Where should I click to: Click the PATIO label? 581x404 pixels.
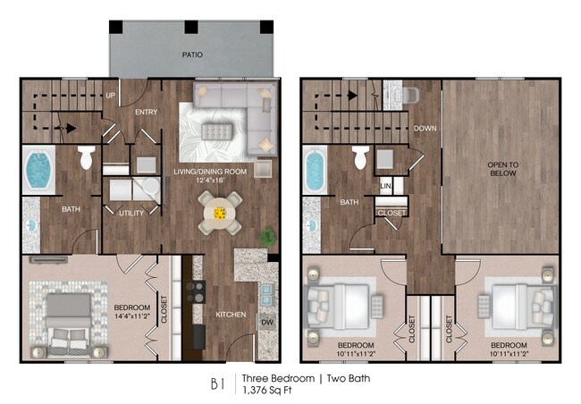tap(191, 55)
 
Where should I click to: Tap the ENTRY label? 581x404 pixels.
tap(146, 113)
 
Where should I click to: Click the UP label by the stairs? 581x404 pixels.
tap(110, 95)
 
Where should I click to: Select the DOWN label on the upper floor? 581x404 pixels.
tap(425, 129)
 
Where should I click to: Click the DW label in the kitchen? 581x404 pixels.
tap(266, 322)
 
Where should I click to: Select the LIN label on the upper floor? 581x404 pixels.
tap(386, 186)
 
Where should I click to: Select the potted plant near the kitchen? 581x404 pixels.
tap(265, 237)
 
